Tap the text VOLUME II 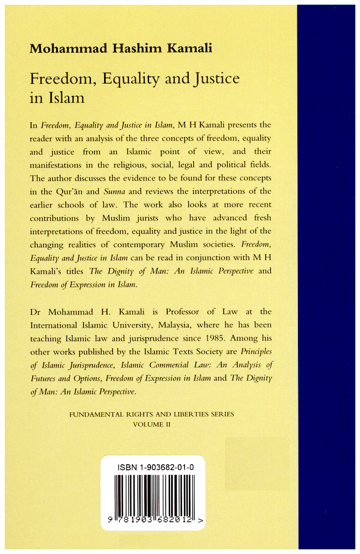coord(151,424)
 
